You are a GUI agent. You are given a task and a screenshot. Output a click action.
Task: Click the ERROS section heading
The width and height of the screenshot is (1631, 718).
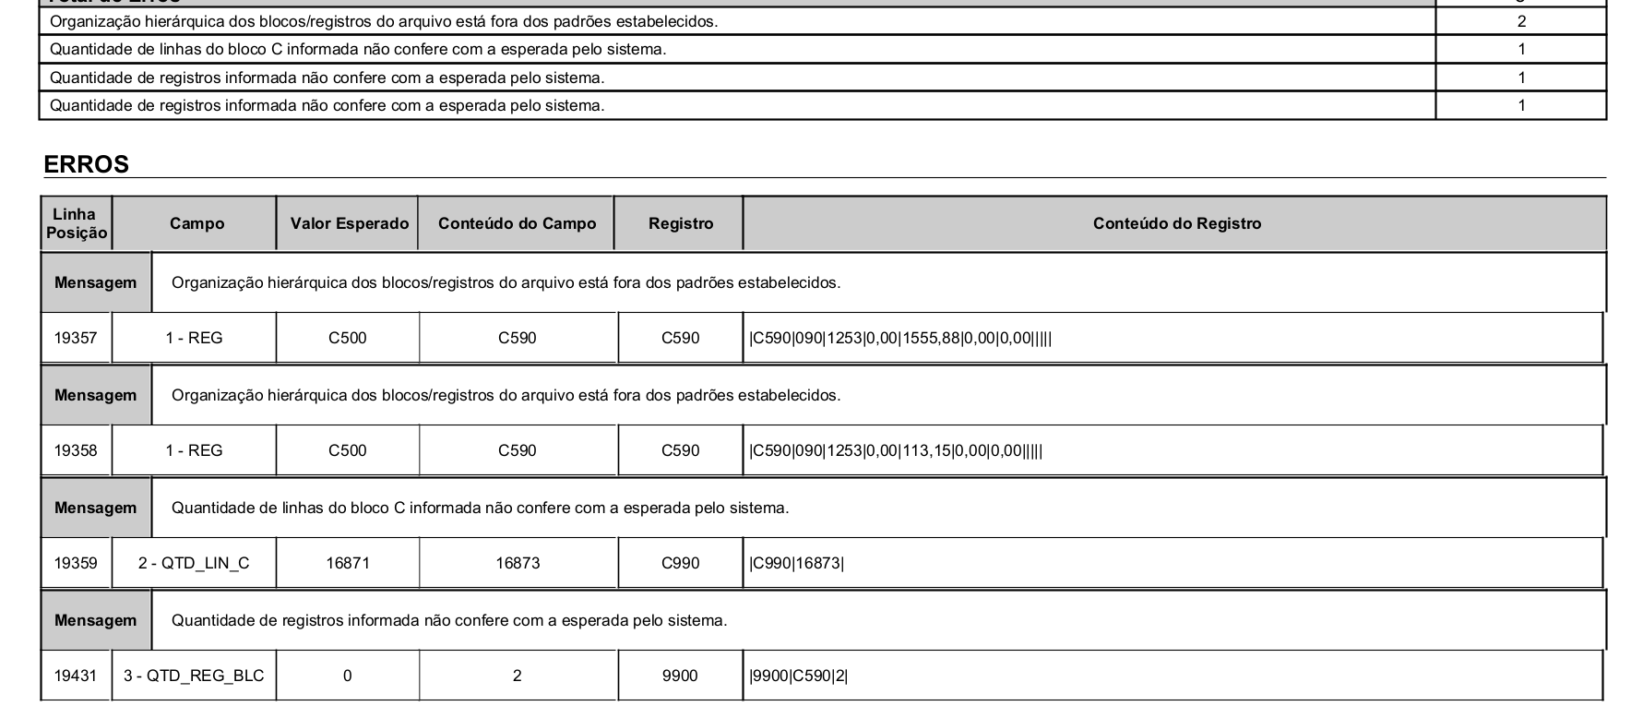87,164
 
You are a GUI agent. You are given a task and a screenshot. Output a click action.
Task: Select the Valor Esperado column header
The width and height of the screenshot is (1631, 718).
349,223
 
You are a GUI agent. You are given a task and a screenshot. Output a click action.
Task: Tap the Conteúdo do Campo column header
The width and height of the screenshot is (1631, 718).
517,223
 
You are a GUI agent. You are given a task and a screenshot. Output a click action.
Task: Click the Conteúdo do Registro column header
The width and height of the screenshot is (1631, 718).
1176,223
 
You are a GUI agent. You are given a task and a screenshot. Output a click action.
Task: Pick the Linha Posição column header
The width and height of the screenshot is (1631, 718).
76,223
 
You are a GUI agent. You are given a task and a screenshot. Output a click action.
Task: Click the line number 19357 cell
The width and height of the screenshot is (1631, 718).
76,338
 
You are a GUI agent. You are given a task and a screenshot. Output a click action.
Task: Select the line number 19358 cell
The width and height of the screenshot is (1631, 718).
76,450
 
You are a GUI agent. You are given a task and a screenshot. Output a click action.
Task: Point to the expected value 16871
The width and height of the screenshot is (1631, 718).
348,563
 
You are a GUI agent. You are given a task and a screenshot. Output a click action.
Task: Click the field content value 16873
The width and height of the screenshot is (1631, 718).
518,563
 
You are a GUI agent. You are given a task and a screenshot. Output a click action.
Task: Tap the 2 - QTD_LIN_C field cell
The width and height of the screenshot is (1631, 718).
194,563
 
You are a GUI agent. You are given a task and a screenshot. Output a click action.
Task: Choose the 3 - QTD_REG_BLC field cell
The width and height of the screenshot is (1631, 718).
194,676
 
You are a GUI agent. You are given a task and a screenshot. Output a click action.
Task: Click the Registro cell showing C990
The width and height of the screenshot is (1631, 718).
681,563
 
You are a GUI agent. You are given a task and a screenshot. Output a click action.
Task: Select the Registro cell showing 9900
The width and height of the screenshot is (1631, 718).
681,676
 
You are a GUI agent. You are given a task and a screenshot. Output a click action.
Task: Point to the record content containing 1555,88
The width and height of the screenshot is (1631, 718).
900,338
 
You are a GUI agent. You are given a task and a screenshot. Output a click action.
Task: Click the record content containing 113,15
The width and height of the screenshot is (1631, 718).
896,450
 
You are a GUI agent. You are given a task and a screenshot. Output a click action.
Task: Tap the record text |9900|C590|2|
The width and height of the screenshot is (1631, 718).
799,676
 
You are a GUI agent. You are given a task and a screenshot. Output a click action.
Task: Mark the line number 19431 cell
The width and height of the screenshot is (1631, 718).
76,676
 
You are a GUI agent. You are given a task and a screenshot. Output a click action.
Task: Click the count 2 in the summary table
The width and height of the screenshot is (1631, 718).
1521,21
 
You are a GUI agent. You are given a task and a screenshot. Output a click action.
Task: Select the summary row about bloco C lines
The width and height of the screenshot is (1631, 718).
358,49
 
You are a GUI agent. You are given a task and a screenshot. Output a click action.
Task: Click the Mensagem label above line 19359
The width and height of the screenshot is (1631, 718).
95,508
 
